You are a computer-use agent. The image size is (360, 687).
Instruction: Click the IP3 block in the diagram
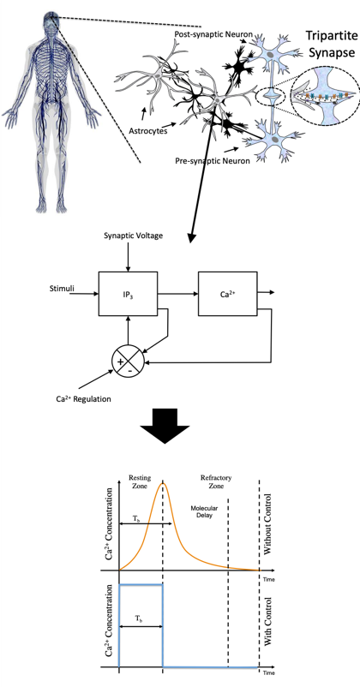point(128,294)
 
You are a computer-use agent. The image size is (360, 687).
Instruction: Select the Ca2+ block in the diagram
point(228,294)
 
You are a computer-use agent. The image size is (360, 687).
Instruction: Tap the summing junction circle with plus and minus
point(128,361)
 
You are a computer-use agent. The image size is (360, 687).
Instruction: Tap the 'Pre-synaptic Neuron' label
point(213,161)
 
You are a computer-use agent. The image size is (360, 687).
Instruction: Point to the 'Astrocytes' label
point(147,130)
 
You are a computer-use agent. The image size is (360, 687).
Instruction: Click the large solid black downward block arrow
point(165,426)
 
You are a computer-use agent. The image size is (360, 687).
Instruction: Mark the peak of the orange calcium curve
point(164,482)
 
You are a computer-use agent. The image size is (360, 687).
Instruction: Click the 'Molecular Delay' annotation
point(204,511)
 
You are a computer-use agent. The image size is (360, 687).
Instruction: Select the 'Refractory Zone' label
point(216,481)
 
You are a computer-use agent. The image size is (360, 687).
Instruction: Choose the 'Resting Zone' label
point(140,481)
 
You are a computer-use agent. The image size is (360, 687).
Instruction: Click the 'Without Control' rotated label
point(268,524)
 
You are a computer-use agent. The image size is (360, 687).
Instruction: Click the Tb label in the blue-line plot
point(138,618)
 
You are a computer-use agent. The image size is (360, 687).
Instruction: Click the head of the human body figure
point(50,21)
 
